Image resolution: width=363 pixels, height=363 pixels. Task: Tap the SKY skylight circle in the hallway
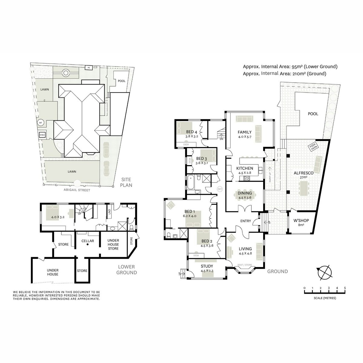click(x=220, y=188)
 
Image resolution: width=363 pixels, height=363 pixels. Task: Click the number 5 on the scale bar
click(x=345, y=288)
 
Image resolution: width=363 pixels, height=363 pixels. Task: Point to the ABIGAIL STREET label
click(x=77, y=190)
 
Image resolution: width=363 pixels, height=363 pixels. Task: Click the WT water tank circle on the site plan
click(x=41, y=123)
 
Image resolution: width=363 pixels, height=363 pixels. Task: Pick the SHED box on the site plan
click(x=42, y=135)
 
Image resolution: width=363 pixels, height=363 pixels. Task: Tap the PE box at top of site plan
click(x=89, y=67)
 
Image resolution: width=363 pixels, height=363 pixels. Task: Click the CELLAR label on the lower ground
click(x=88, y=241)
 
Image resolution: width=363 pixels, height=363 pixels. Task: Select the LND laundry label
click(x=110, y=212)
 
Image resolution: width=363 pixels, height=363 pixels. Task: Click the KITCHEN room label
click(x=245, y=168)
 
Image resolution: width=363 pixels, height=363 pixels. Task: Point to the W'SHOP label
click(x=301, y=221)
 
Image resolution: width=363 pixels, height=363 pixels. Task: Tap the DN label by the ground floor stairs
click(x=221, y=139)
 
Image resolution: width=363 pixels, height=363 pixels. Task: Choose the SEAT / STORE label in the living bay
click(x=244, y=265)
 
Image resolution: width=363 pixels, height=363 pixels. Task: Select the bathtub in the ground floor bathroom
click(x=191, y=182)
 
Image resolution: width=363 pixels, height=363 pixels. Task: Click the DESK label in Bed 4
click(x=186, y=145)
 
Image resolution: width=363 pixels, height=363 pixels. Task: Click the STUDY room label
click(x=207, y=266)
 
